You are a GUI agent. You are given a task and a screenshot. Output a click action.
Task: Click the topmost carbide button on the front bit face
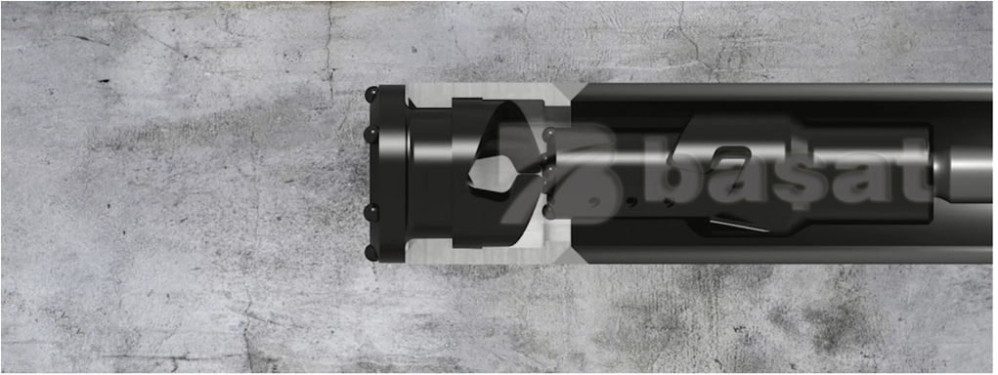[370, 96]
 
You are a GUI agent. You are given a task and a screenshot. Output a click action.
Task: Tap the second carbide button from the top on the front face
[370, 135]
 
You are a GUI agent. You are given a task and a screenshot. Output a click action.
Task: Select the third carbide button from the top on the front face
[370, 213]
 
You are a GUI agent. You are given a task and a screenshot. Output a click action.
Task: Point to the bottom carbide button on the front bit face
[370, 252]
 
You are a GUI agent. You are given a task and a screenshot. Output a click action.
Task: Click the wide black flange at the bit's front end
[388, 174]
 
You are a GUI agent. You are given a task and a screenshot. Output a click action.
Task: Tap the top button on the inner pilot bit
[548, 135]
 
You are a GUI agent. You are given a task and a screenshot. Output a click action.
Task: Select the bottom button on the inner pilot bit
[548, 211]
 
